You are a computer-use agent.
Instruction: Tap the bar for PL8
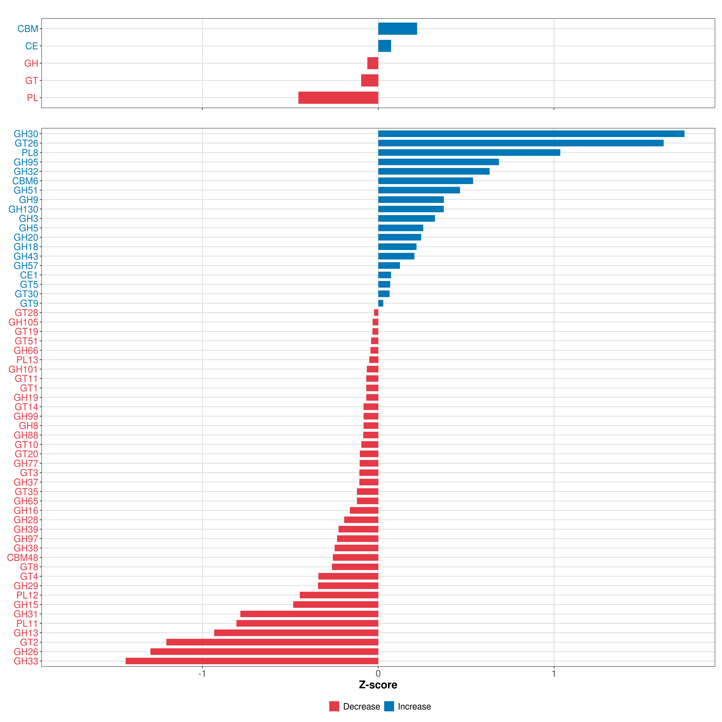coord(469,153)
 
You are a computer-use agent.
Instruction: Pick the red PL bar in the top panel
coord(338,97)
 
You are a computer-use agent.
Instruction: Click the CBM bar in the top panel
coord(397,29)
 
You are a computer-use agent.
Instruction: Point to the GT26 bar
coord(521,143)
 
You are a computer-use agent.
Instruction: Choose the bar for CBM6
coord(425,181)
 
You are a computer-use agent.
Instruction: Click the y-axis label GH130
coord(23,209)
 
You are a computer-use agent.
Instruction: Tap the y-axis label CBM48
coord(22,558)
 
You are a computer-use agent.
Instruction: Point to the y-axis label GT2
coord(29,642)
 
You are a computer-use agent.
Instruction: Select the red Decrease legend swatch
coord(334,706)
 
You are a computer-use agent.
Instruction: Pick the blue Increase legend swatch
coord(389,706)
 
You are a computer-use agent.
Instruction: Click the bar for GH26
coord(264,651)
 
